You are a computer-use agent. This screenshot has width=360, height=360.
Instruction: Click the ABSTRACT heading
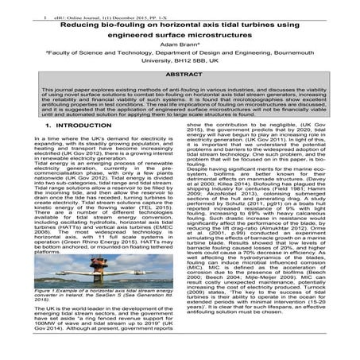[180, 92]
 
